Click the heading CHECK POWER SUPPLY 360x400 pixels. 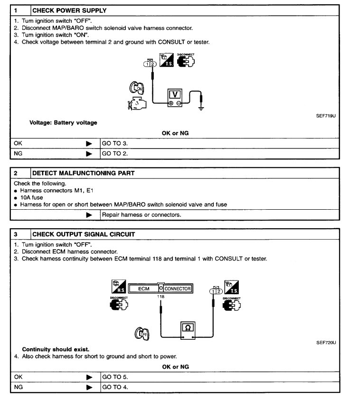[69, 10]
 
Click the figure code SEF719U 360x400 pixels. [326, 115]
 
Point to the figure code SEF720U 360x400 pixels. [326, 343]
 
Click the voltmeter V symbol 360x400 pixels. [174, 94]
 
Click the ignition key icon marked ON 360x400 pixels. [136, 87]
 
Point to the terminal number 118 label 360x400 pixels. [161, 297]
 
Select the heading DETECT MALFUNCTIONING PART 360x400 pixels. [83, 173]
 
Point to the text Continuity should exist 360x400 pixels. [55, 349]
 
